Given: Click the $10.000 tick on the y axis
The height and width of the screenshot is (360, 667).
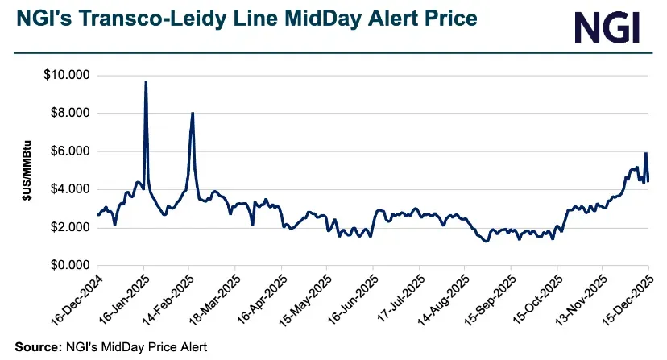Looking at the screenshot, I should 68,76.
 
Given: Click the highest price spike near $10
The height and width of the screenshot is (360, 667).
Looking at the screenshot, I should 145,81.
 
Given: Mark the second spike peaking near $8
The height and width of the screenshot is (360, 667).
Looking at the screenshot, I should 193,113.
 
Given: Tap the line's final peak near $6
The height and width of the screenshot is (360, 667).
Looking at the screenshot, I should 646,153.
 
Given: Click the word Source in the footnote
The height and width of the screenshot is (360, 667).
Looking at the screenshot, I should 35,347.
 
